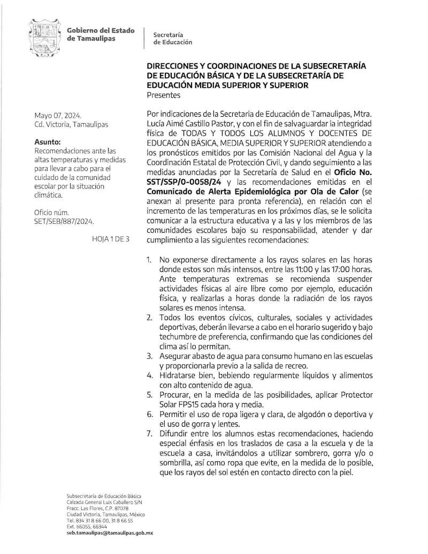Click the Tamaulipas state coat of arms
43,39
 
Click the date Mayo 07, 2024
58,115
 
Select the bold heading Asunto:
48,142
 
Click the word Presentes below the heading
164,95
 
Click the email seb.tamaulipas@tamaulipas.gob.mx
110,533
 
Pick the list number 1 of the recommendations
149,260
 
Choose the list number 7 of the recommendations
149,433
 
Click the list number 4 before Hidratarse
149,375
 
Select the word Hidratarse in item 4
178,375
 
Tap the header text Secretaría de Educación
172,38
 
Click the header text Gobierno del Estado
101,31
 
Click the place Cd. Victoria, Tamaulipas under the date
71,125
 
